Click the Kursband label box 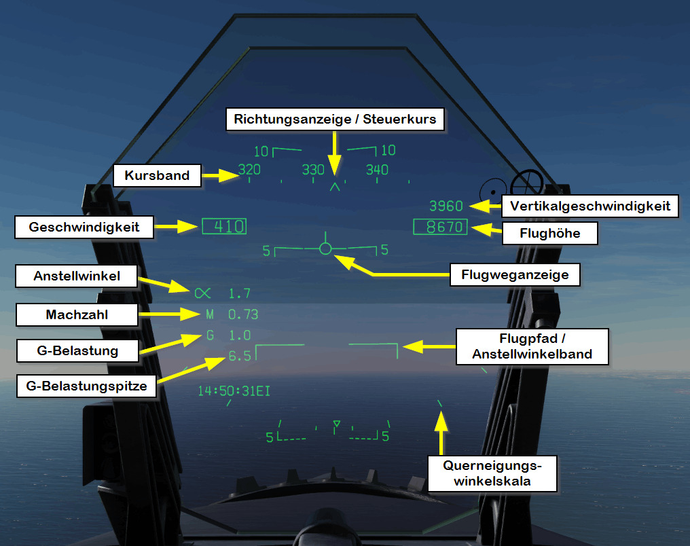pyautogui.click(x=157, y=175)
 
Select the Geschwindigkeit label pyautogui.click(x=84, y=227)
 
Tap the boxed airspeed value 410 pyautogui.click(x=224, y=227)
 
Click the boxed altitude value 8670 pyautogui.click(x=441, y=227)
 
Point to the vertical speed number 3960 pyautogui.click(x=446, y=206)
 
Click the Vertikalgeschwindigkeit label pyautogui.click(x=589, y=206)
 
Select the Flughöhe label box pyautogui.click(x=550, y=234)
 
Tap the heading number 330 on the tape pyautogui.click(x=313, y=170)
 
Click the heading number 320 pyautogui.click(x=250, y=170)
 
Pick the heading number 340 pyautogui.click(x=377, y=170)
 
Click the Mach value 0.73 pyautogui.click(x=243, y=314)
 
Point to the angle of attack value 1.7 pyautogui.click(x=240, y=293)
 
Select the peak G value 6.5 pyautogui.click(x=240, y=355)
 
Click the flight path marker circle pyautogui.click(x=325, y=249)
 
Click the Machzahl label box pyautogui.click(x=77, y=314)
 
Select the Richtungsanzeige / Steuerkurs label pyautogui.click(x=335, y=120)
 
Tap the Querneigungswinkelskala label pyautogui.click(x=492, y=473)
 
